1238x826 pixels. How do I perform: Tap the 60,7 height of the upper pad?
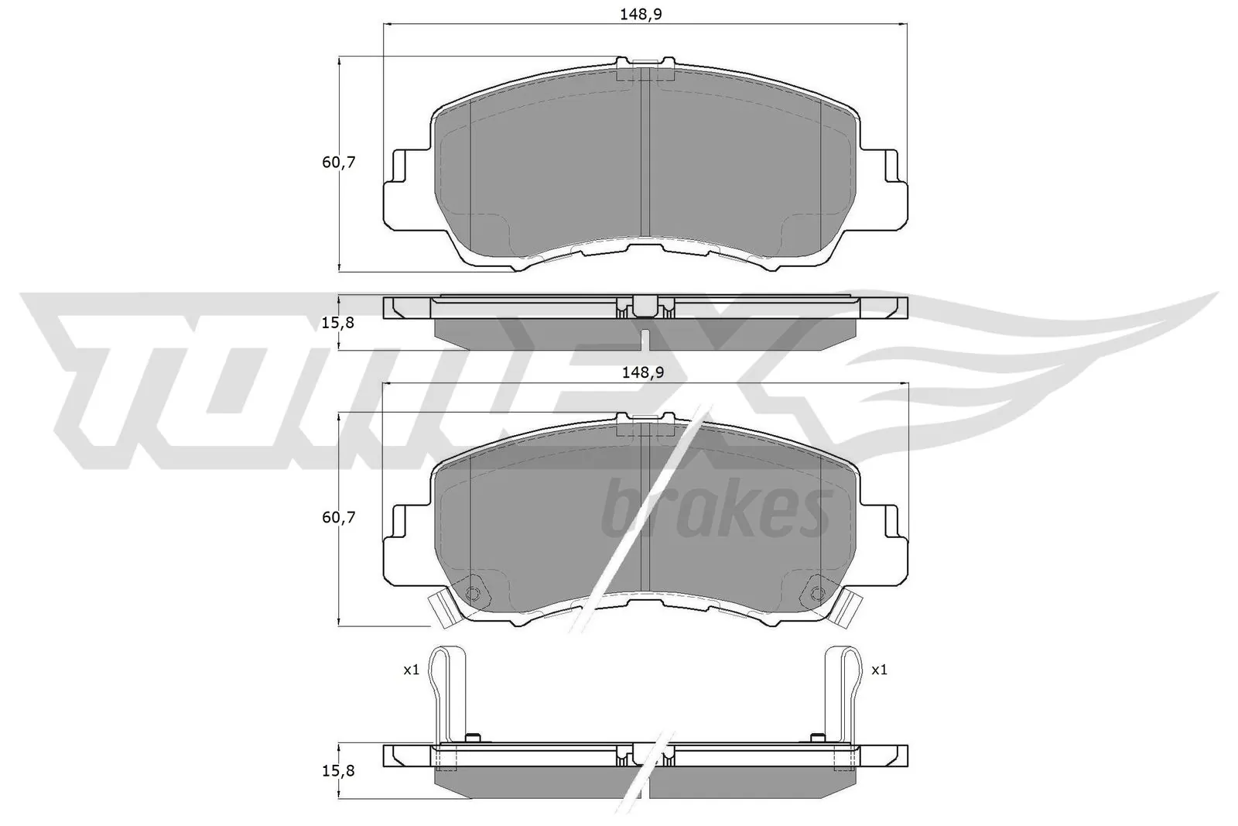pos(338,163)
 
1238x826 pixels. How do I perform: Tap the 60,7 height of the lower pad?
pos(338,517)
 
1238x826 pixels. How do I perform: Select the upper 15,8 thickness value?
pos(338,322)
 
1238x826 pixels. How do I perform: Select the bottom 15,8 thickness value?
pos(338,770)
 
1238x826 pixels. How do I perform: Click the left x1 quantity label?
pos(411,670)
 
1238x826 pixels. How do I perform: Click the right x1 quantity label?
pos(879,670)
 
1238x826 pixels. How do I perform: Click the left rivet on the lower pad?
pos(474,594)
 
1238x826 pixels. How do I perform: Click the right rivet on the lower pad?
pos(816,594)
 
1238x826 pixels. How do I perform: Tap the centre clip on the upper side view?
pos(644,307)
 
